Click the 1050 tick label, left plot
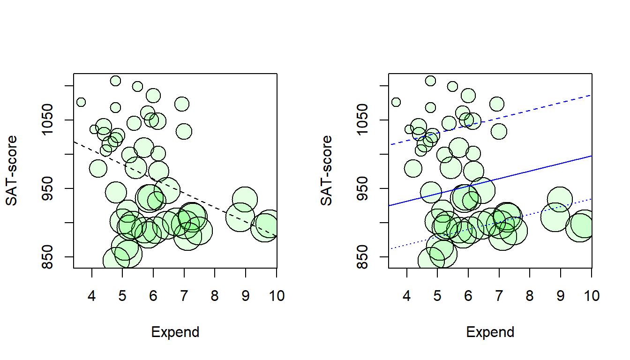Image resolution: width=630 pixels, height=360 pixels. coord(53,120)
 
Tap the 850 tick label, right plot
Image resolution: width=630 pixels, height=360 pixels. coord(368,256)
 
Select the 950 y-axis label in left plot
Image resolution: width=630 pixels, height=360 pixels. coord(53,188)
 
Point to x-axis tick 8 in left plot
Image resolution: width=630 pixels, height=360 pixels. coord(215,296)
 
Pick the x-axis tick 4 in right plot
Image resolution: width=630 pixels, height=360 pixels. coord(407,296)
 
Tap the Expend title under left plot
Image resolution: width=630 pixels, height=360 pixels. coord(175,332)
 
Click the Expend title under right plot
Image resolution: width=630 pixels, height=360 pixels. coord(490,332)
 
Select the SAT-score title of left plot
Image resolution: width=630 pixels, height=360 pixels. coord(12,171)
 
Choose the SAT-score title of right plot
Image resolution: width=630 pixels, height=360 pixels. coord(327,171)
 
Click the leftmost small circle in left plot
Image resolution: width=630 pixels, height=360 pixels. coord(81,102)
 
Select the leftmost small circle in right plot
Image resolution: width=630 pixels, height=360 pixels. coord(396,102)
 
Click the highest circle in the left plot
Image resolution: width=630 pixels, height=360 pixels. coord(115,81)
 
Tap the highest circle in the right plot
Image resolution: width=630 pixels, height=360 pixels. coord(430,81)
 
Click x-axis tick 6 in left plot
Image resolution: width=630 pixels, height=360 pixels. coord(153,296)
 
